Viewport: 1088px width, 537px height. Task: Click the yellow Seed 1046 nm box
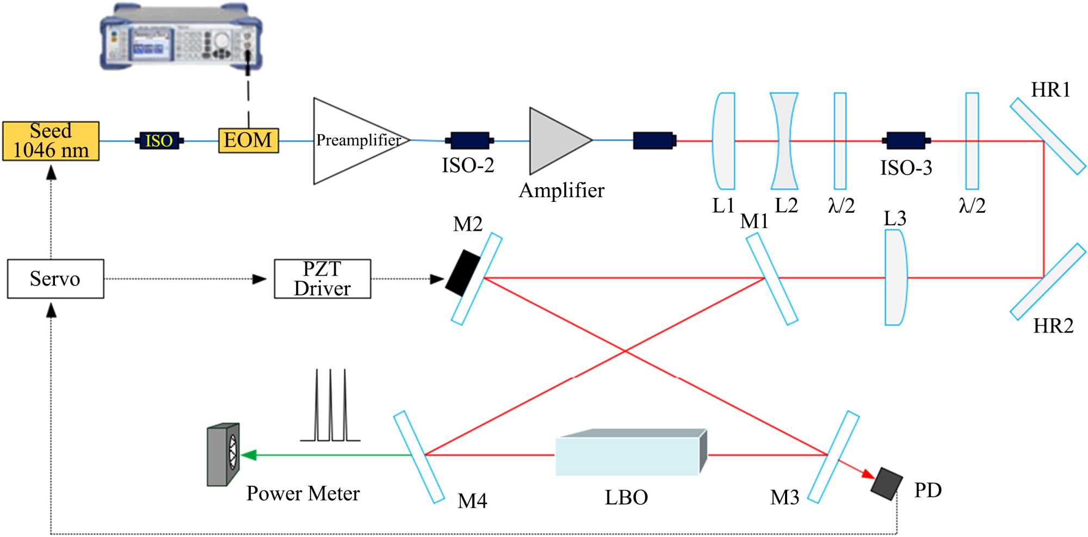click(51, 141)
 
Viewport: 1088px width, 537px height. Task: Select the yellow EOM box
click(249, 140)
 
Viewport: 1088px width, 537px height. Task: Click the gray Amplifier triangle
click(555, 140)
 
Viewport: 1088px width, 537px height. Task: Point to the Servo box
click(55, 279)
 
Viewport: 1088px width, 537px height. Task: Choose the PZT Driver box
click(322, 279)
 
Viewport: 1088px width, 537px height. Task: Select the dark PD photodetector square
click(886, 483)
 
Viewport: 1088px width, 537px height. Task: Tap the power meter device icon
click(223, 454)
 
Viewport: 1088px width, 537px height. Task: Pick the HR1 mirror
click(1047, 136)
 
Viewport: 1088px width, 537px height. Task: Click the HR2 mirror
click(1047, 281)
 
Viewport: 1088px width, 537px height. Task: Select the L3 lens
click(895, 277)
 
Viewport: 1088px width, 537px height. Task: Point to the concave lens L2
click(784, 141)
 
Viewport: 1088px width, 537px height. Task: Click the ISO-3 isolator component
click(906, 140)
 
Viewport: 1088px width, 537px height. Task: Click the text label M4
click(472, 501)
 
